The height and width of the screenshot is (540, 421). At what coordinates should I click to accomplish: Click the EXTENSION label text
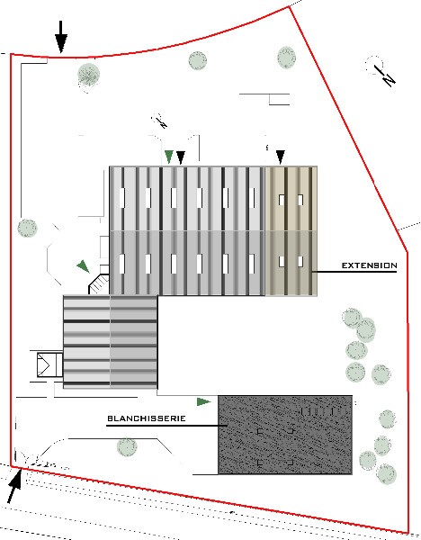[x=369, y=265]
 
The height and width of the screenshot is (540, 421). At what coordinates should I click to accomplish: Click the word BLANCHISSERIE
[x=147, y=418]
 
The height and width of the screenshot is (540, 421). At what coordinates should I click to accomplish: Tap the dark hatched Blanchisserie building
[x=285, y=435]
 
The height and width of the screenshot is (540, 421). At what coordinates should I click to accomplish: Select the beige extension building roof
[x=291, y=231]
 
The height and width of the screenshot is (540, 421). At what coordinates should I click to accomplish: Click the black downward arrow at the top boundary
[x=61, y=37]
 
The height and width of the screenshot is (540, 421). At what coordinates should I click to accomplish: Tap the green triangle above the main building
[x=169, y=157]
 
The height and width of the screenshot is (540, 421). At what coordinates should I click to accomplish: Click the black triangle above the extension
[x=281, y=157]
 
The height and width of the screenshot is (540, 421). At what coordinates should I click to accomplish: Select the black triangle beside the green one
[x=181, y=157]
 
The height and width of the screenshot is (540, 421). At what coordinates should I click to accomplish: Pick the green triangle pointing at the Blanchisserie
[x=204, y=401]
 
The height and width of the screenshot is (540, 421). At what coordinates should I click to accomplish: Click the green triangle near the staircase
[x=84, y=266]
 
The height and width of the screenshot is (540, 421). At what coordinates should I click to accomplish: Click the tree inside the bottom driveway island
[x=127, y=446]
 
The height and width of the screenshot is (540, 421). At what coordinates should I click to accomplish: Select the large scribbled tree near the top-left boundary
[x=88, y=75]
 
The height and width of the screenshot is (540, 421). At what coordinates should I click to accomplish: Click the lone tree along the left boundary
[x=27, y=228]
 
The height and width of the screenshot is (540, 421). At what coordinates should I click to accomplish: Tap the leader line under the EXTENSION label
[x=354, y=272]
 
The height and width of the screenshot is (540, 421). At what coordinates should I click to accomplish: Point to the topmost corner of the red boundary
[x=290, y=7]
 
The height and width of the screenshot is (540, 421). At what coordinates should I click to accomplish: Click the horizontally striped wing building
[x=111, y=342]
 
